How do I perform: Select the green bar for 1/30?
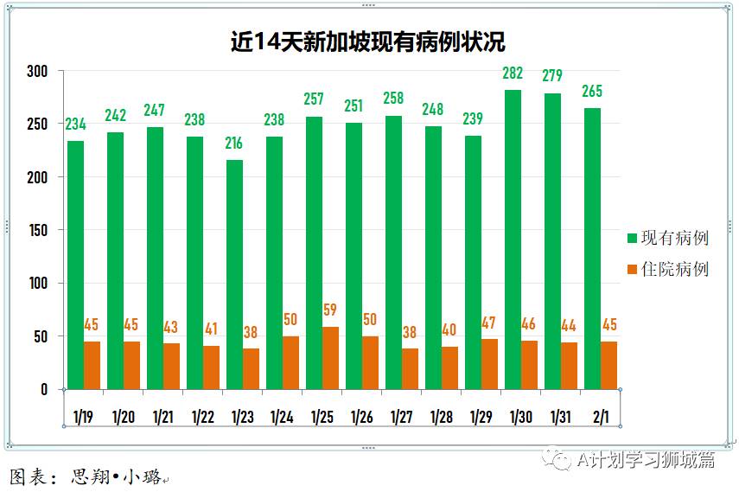[x=513, y=240]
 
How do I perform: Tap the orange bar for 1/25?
[x=330, y=358]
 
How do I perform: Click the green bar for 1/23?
[x=234, y=274]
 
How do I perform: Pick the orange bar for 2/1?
[x=608, y=365]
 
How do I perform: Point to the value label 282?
[x=513, y=72]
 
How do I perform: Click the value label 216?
[x=234, y=143]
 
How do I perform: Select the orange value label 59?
[x=330, y=310]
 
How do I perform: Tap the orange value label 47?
[x=489, y=323]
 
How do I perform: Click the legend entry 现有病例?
[x=674, y=238]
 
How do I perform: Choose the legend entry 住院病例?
[x=674, y=269]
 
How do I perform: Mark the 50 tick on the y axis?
[x=40, y=336]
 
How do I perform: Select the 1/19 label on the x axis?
[x=84, y=417]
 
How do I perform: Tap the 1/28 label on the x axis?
[x=441, y=417]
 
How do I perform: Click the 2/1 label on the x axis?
[x=600, y=417]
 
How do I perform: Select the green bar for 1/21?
[x=155, y=258]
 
